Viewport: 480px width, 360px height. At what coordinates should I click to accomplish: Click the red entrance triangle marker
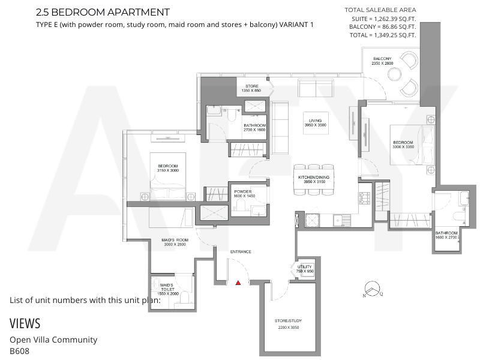pos(238,283)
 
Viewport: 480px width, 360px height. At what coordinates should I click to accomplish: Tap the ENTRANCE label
pos(241,251)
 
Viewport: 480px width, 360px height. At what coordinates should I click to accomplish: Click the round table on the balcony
pos(394,74)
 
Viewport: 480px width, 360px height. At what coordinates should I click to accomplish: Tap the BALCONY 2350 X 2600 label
pos(382,61)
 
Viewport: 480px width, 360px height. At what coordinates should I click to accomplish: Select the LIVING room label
pos(316,123)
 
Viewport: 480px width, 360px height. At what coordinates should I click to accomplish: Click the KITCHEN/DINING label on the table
pos(314,179)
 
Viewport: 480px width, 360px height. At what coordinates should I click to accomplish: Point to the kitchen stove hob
pos(365,198)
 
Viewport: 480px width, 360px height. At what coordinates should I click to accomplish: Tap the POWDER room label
pos(244,194)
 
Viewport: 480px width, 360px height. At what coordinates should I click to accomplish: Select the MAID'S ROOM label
pos(175,242)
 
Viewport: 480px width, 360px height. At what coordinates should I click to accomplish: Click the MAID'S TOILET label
pos(167,289)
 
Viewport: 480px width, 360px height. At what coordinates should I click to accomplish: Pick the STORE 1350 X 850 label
pos(251,88)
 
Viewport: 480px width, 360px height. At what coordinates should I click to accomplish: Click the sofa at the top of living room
pos(316,88)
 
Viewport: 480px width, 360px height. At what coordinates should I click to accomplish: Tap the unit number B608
pos(20,351)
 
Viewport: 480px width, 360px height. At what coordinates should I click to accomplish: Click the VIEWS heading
pos(25,323)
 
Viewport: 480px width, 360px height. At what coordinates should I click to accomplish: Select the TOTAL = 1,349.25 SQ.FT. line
pos(383,35)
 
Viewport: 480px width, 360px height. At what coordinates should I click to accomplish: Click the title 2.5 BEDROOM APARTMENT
pos(103,12)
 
